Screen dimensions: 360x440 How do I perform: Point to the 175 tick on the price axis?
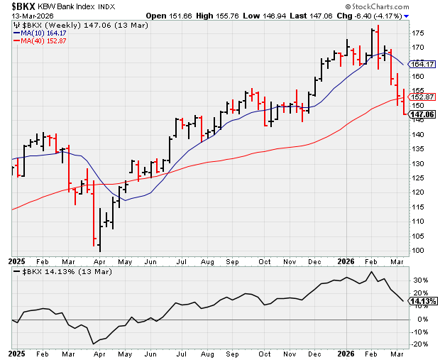pyautogui.click(x=419, y=33)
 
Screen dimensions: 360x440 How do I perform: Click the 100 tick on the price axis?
pyautogui.click(x=419, y=250)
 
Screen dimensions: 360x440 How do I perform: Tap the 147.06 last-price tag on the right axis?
pyautogui.click(x=424, y=114)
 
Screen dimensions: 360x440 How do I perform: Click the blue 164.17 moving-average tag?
pyautogui.click(x=424, y=64)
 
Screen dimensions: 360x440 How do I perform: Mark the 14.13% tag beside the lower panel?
pyautogui.click(x=424, y=301)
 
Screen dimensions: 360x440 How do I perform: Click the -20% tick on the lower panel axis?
pyautogui.click(x=420, y=345)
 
